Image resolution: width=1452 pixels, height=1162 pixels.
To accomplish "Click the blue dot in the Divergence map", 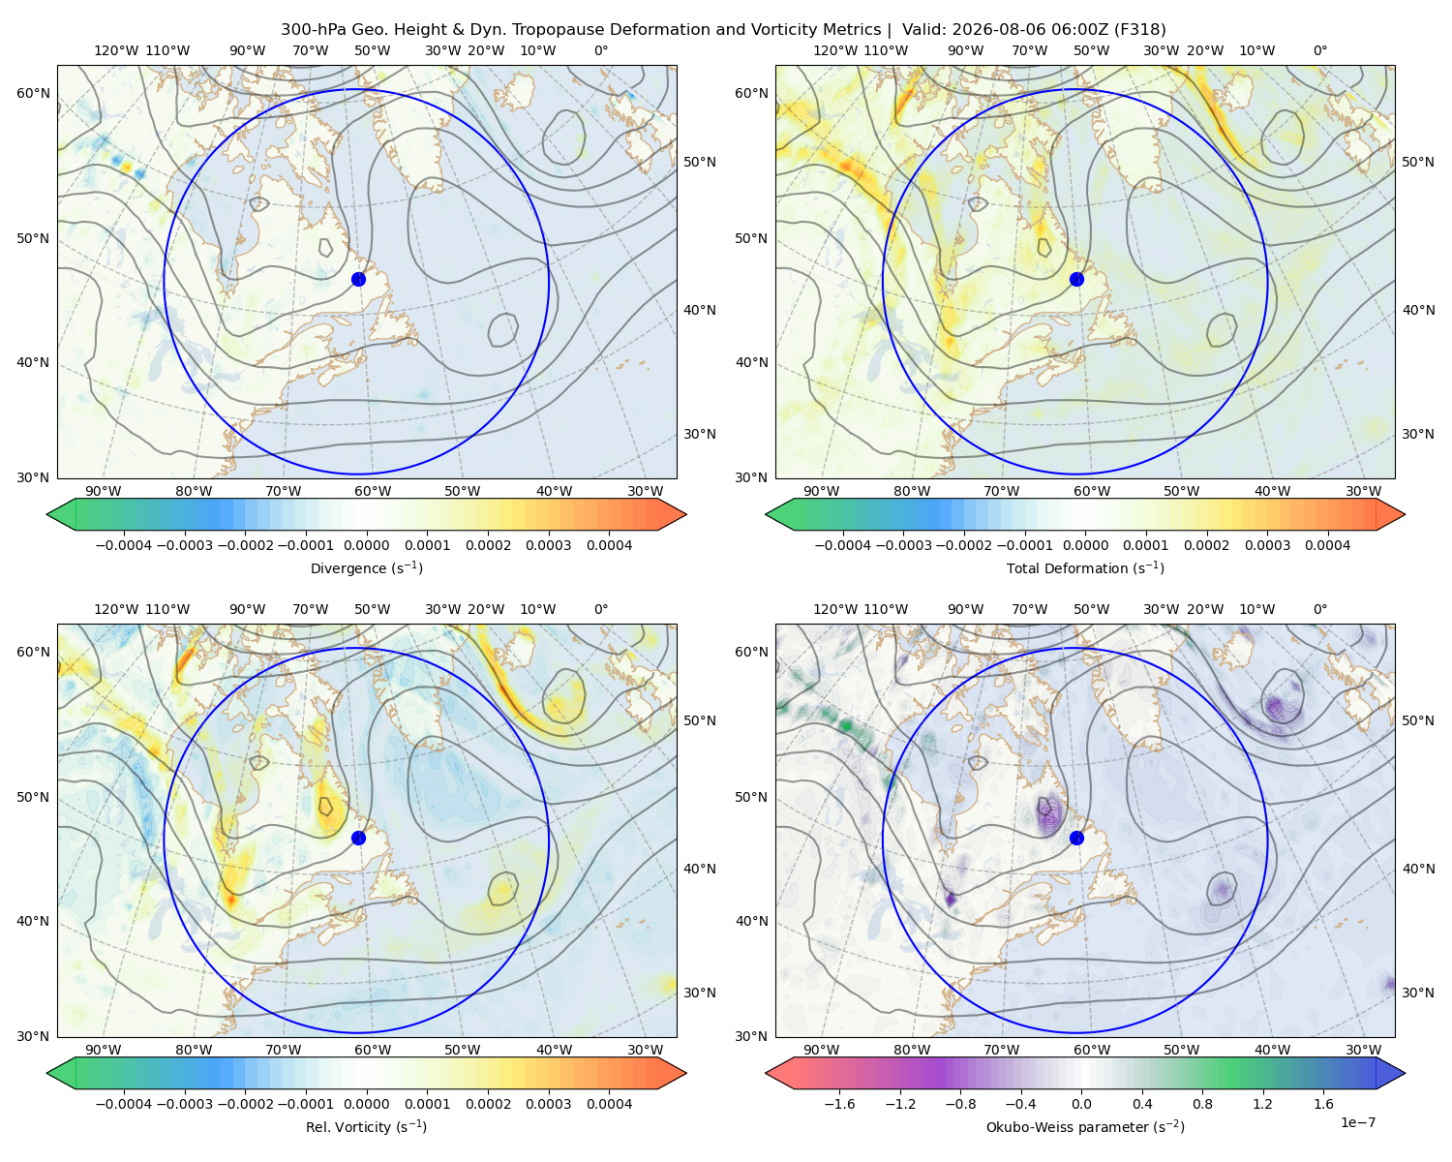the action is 358,279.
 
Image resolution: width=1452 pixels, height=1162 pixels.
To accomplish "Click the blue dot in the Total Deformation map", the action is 1076,279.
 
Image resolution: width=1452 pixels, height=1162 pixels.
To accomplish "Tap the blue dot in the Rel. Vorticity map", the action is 358,838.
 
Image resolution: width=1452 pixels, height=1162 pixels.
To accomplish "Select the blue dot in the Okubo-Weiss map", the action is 1076,838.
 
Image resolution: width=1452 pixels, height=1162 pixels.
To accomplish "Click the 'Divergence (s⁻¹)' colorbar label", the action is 366,567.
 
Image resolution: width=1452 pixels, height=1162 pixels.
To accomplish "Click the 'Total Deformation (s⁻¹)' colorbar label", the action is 1085,567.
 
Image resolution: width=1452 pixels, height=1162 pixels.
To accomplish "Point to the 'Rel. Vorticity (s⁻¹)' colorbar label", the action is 366,1127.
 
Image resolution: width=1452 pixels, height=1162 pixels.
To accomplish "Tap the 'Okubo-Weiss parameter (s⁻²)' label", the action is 1085,1127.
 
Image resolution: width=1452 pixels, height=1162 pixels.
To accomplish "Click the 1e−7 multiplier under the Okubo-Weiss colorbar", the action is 1357,1122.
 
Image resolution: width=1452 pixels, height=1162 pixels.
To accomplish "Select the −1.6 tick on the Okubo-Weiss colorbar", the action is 839,1104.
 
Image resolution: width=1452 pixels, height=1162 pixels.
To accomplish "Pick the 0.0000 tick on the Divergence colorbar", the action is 366,545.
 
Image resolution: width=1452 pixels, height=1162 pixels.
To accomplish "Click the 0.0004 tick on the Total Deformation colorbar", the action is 1327,545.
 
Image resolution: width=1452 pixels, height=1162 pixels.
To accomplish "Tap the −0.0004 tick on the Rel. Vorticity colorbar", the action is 124,1104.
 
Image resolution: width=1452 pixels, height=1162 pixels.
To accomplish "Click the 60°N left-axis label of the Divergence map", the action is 33,93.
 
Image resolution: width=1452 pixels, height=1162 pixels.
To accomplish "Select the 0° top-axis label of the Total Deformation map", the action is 1319,50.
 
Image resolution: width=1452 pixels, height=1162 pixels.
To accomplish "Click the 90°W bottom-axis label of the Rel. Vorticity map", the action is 104,1050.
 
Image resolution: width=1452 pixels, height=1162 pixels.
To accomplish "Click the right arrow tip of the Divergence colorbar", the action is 686,514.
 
